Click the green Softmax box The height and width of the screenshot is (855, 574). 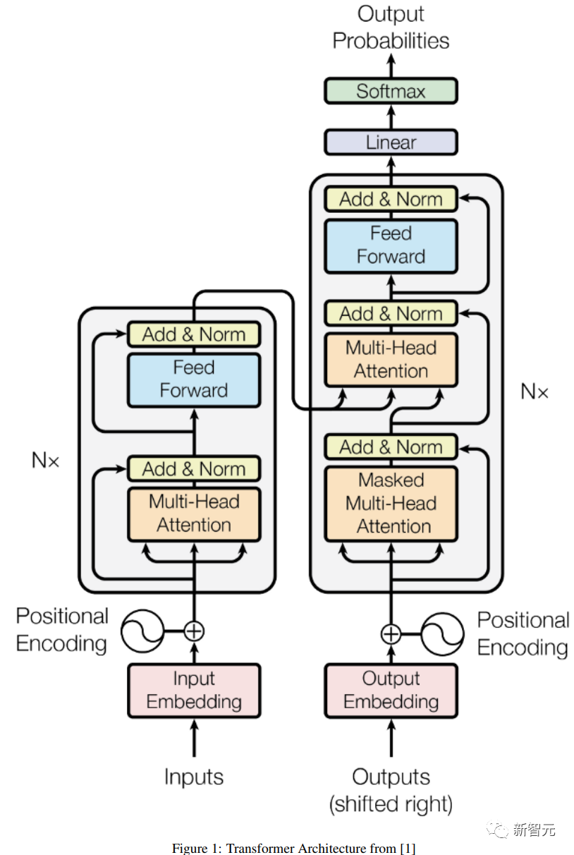pyautogui.click(x=391, y=91)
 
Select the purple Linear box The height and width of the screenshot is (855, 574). pyautogui.click(x=391, y=142)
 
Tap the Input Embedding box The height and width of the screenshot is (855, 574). pyautogui.click(x=194, y=691)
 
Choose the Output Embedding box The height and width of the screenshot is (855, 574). pyautogui.click(x=391, y=691)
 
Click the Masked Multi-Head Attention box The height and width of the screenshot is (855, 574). pyautogui.click(x=391, y=504)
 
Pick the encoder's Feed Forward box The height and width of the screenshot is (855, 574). pyautogui.click(x=194, y=380)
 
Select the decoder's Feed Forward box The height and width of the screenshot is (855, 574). pyautogui.click(x=391, y=245)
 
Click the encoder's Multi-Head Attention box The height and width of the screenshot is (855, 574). pyautogui.click(x=194, y=514)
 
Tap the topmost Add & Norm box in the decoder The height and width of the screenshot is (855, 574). pyautogui.click(x=391, y=199)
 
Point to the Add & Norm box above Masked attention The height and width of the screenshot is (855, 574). pyautogui.click(x=391, y=447)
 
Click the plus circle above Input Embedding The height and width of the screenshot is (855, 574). pyautogui.click(x=194, y=631)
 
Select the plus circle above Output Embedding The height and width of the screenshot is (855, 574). pyautogui.click(x=391, y=634)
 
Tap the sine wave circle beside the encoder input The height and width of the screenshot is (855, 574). pyautogui.click(x=142, y=631)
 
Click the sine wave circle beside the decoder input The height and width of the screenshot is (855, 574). pyautogui.click(x=443, y=634)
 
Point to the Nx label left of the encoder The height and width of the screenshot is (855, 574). pyautogui.click(x=45, y=460)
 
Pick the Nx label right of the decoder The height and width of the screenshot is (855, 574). pyautogui.click(x=535, y=392)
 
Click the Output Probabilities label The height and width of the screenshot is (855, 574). pyautogui.click(x=391, y=28)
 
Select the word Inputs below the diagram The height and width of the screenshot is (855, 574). pyautogui.click(x=194, y=777)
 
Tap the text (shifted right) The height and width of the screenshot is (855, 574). pyautogui.click(x=391, y=804)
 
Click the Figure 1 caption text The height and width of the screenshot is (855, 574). pyautogui.click(x=293, y=848)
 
